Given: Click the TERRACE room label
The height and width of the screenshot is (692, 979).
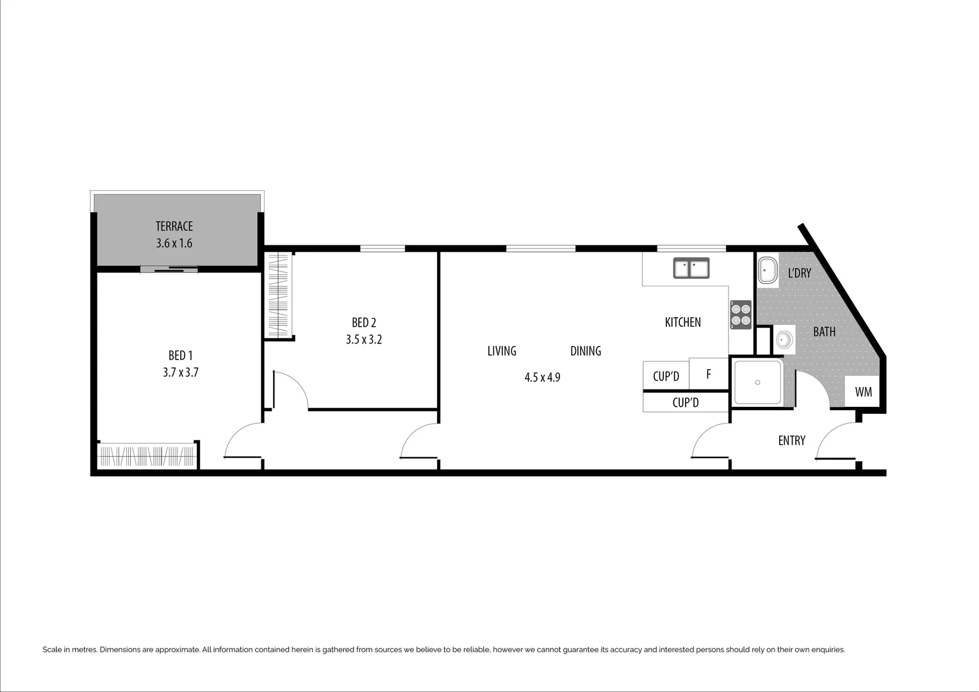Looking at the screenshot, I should click(x=174, y=226).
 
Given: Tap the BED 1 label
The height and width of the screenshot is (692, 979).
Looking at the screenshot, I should click(x=181, y=356).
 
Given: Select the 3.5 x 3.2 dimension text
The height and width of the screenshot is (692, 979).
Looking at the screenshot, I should click(x=364, y=340).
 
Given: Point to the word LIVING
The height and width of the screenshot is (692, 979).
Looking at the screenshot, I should click(x=502, y=351).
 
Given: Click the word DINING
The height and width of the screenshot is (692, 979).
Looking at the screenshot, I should click(x=586, y=351).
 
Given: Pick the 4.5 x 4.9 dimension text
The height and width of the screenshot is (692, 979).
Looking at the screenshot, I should click(x=543, y=377).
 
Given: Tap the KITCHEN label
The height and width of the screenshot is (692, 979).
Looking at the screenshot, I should click(x=683, y=322).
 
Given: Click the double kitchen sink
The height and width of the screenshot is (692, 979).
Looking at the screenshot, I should click(x=691, y=268).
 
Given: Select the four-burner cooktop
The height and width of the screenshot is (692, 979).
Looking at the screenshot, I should click(x=741, y=315).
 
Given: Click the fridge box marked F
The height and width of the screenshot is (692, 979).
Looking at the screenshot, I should click(x=709, y=374).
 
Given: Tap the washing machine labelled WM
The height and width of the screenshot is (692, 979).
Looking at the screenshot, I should click(x=863, y=392).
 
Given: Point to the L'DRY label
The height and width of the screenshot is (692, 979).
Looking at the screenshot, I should click(x=800, y=273).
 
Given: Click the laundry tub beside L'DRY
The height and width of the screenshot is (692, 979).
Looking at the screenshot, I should click(x=768, y=271).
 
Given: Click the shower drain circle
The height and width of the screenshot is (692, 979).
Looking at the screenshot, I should click(x=757, y=383).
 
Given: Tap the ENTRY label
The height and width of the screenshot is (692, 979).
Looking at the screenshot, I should click(x=791, y=441).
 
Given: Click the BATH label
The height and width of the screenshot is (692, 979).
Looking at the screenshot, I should click(x=824, y=332).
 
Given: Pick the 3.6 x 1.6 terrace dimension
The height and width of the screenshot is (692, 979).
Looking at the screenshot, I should click(x=174, y=243).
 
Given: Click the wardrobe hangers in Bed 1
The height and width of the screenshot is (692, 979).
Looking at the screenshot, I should click(x=147, y=456).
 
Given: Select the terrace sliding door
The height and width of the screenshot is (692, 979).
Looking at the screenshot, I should click(x=169, y=270).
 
